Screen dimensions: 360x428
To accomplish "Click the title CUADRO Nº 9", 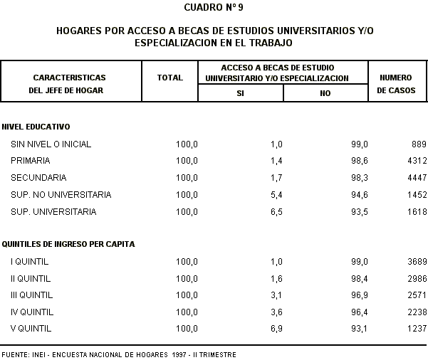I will point(214,8).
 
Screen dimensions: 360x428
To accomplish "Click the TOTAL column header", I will point(169,78).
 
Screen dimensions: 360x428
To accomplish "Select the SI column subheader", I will point(240,93).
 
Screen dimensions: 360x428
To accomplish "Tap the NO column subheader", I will point(325,93).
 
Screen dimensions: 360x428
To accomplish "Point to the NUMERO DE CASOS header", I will point(397,83).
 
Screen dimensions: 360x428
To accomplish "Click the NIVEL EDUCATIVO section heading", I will point(36,127).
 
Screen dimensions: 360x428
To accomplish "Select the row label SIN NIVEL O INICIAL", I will point(51,144).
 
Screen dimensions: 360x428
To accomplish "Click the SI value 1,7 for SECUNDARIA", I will point(276,178).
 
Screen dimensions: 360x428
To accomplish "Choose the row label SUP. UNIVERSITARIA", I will point(53,212).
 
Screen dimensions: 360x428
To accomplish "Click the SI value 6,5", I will point(276,212).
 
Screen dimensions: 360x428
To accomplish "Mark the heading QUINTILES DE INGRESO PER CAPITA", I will point(68,244).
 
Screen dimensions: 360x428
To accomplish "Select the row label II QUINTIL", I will point(31,278).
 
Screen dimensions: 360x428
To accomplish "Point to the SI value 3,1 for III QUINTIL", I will point(276,295).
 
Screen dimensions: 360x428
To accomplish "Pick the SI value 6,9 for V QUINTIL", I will point(276,329).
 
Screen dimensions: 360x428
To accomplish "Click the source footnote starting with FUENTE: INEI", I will point(118,354).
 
